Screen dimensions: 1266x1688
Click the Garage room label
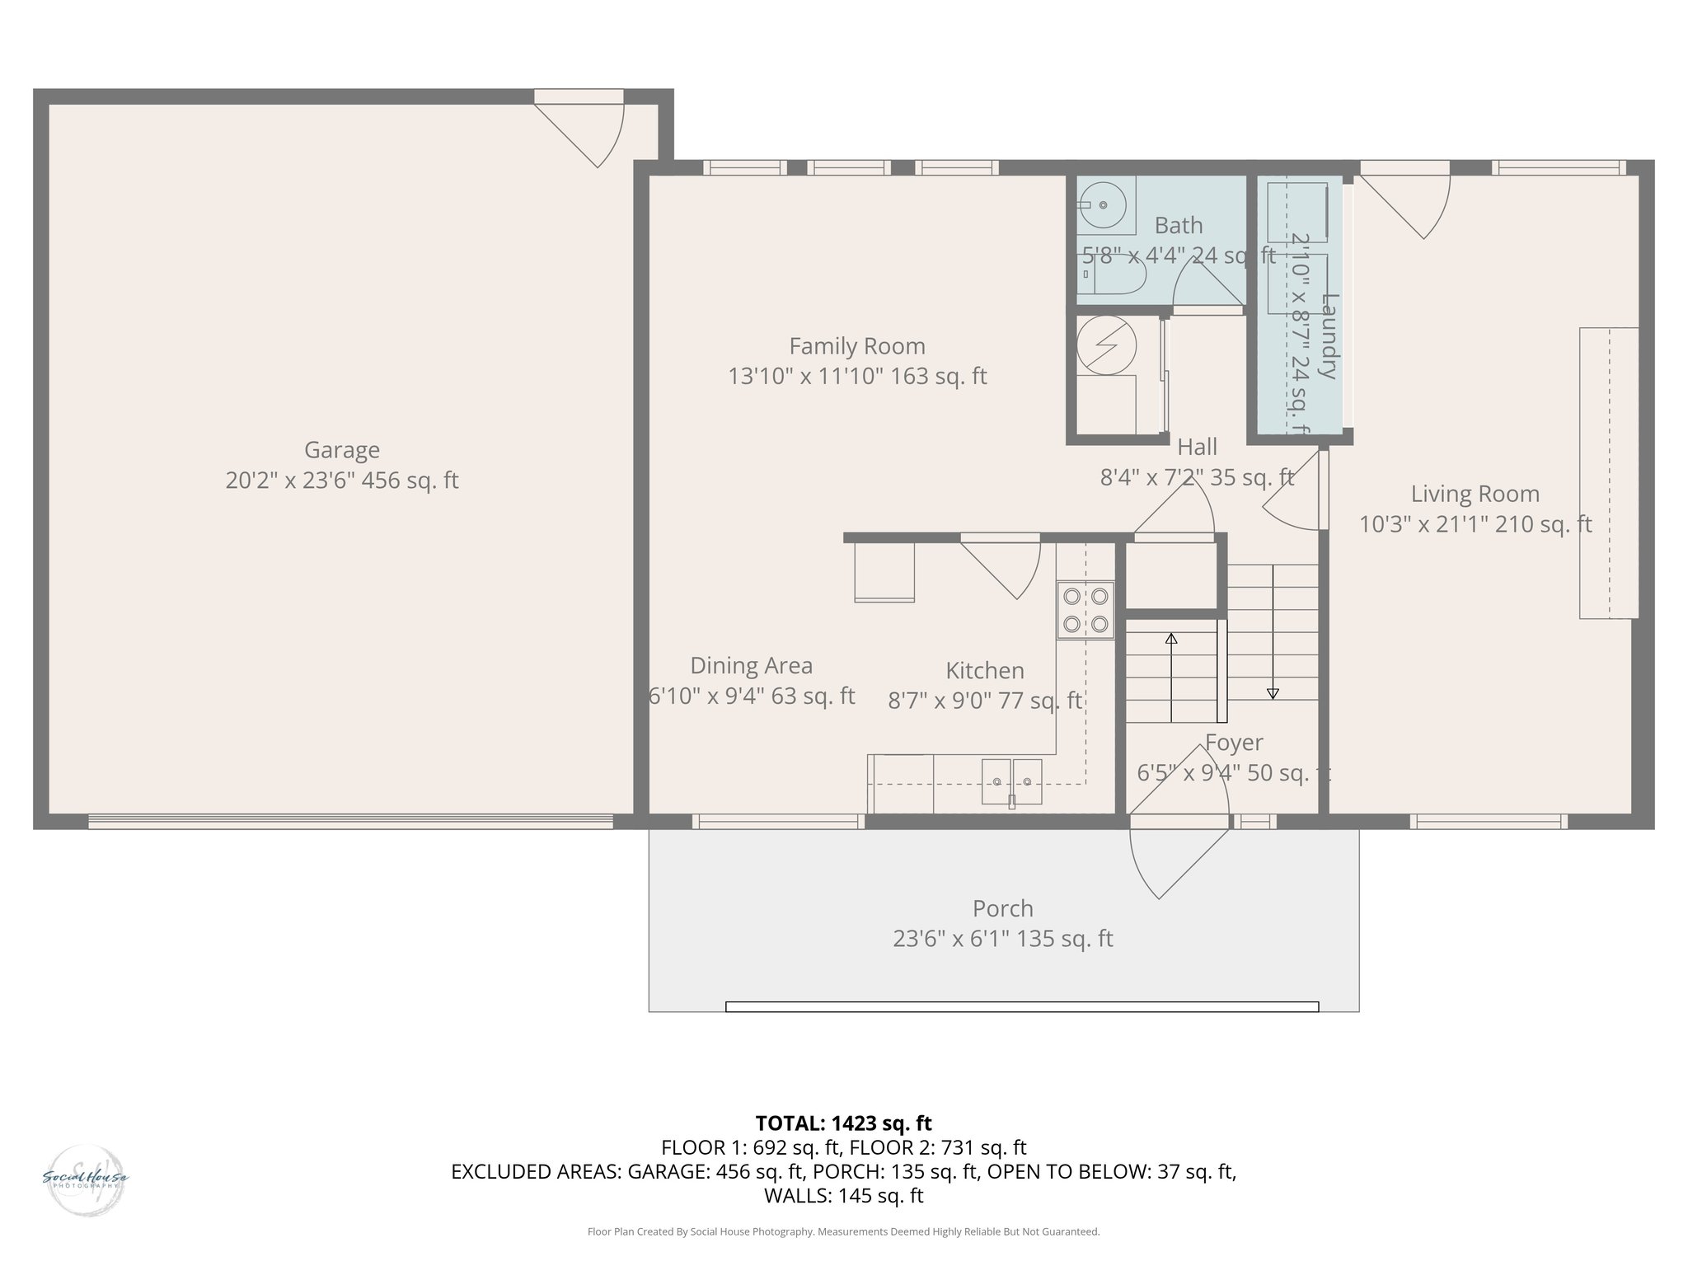[x=341, y=450]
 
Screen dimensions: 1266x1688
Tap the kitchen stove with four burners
[x=1085, y=611]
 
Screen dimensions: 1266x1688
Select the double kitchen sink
[x=1011, y=781]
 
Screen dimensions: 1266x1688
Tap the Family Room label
[x=857, y=346]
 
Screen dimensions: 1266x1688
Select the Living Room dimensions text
[x=1475, y=524]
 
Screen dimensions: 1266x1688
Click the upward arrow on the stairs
[x=1171, y=640]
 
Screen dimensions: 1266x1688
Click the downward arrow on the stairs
[x=1273, y=692]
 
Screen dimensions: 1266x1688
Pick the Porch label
[x=1002, y=908]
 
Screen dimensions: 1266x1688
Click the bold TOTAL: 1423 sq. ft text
[x=843, y=1123]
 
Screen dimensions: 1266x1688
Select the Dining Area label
[x=751, y=665]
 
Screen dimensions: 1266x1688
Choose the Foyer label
[x=1233, y=743]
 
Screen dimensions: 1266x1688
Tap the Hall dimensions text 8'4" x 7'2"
[x=1196, y=477]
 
